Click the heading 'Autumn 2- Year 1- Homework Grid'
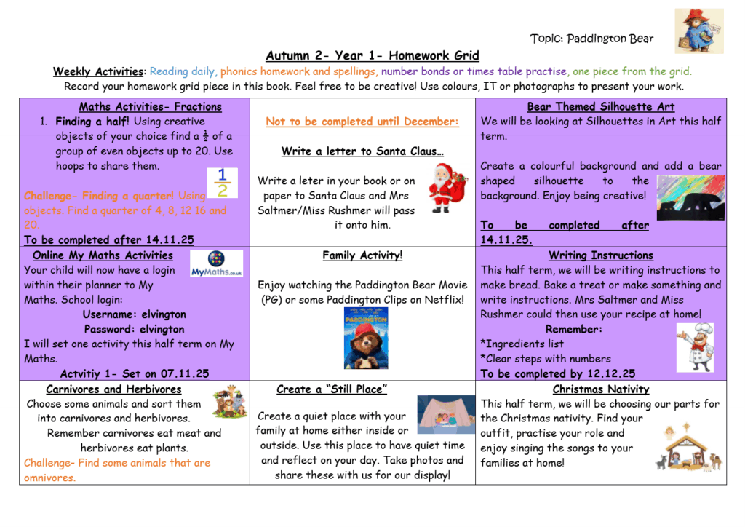[x=372, y=56]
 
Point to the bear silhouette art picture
[x=690, y=196]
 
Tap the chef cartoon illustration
[x=695, y=347]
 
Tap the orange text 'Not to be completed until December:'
[x=362, y=122]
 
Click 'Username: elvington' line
[x=134, y=314]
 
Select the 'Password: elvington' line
[x=134, y=329]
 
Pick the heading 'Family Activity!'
[x=362, y=255]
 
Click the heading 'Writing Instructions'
[x=600, y=255]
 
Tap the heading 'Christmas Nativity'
[x=600, y=389]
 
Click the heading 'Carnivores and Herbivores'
[x=113, y=389]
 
